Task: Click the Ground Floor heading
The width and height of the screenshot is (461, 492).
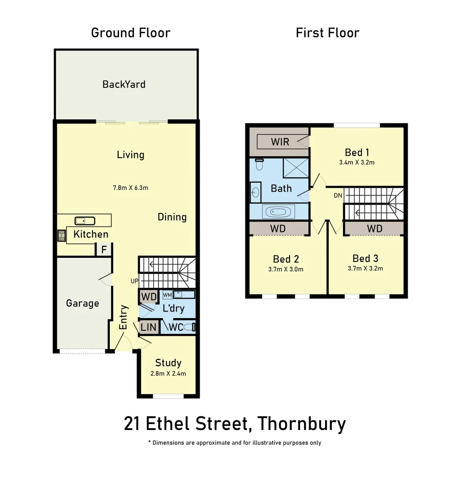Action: click(130, 33)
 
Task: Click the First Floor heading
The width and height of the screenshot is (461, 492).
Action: click(327, 33)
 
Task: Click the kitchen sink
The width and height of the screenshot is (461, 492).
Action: click(85, 221)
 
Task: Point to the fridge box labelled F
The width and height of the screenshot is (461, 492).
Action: click(104, 250)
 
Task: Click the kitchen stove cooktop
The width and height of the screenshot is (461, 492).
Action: click(62, 235)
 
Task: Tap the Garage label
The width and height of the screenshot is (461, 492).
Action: click(83, 303)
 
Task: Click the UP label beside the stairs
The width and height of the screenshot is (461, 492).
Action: click(134, 281)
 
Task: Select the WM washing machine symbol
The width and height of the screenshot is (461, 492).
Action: click(167, 295)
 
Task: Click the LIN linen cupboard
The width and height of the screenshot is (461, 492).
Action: click(149, 327)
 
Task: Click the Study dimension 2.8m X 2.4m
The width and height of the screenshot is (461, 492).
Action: click(168, 374)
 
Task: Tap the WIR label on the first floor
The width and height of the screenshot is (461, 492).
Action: click(280, 141)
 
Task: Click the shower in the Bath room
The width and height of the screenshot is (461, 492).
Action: click(295, 168)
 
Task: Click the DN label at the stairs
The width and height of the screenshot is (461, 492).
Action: click(338, 195)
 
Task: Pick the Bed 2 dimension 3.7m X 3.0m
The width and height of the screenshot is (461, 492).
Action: click(286, 269)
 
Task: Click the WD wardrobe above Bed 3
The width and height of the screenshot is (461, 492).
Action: click(374, 228)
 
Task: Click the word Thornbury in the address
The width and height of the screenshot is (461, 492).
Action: click(301, 424)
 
